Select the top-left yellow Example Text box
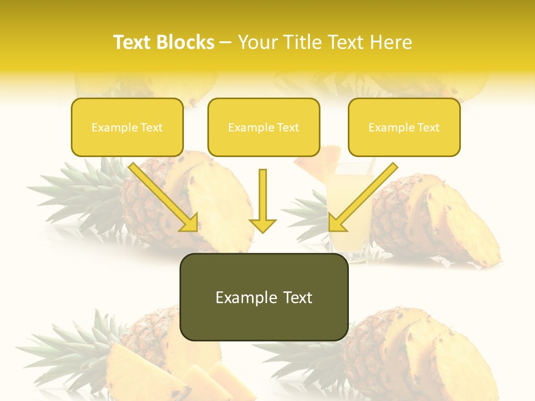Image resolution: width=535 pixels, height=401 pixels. (127, 127)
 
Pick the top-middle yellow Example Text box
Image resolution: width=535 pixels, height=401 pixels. (264, 127)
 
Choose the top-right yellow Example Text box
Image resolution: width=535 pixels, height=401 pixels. (404, 127)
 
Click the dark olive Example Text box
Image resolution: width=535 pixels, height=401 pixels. (264, 297)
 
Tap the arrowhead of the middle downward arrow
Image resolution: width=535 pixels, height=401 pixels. (262, 224)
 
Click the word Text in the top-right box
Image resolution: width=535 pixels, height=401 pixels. (428, 128)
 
